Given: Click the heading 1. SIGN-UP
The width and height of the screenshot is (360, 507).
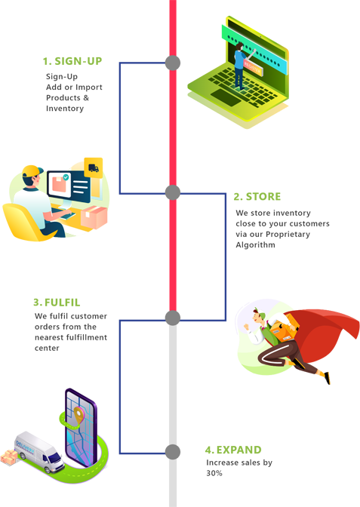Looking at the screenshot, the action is pos(72,61).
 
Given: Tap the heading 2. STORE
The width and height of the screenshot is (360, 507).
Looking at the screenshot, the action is pos(257,197).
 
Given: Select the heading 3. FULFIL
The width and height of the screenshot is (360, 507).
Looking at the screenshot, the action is pos(57,303).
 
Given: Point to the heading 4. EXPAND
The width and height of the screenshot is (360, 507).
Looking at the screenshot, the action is pos(233,450).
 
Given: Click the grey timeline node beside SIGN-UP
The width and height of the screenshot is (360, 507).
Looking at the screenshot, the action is pos(173,63).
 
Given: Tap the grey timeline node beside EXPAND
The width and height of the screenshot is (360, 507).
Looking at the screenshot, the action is pos(173,452).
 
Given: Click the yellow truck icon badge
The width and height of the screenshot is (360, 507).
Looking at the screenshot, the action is pos(94,167).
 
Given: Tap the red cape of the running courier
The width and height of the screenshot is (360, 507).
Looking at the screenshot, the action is pos(324,333).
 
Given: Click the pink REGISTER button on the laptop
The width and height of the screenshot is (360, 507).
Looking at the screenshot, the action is pos(253,68).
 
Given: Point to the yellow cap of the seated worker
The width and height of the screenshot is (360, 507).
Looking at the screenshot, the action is pos(32,171).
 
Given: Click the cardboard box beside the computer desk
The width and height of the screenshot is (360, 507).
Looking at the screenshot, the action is pos(94,217).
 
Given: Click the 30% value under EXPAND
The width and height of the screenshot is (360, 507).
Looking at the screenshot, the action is pos(214,473).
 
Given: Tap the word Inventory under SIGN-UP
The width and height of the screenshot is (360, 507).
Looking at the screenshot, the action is pos(65,109).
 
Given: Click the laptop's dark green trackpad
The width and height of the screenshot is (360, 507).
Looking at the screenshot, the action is pos(226,97).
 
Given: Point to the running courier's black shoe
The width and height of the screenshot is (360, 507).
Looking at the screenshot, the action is pos(328,378).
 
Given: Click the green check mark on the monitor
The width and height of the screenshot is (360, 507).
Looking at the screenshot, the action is pos(66,177).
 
